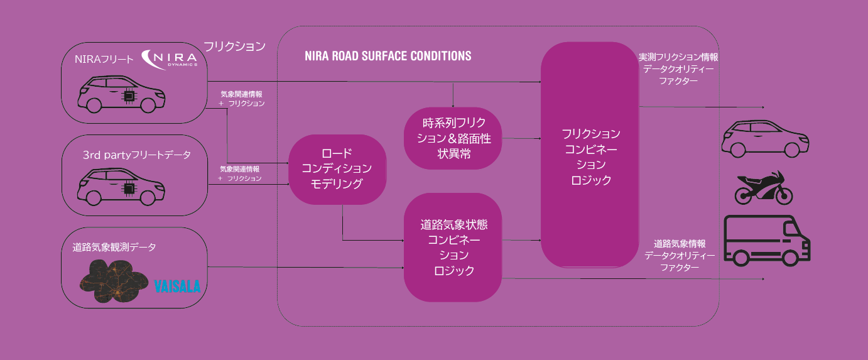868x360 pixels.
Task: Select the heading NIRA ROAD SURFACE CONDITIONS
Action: click(x=388, y=56)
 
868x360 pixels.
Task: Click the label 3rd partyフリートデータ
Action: click(x=136, y=155)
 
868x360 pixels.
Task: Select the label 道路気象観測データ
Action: click(x=114, y=247)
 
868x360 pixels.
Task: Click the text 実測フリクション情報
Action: click(x=678, y=57)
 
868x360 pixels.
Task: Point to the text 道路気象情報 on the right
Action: click(x=679, y=243)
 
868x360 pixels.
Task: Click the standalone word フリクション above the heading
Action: click(x=234, y=46)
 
